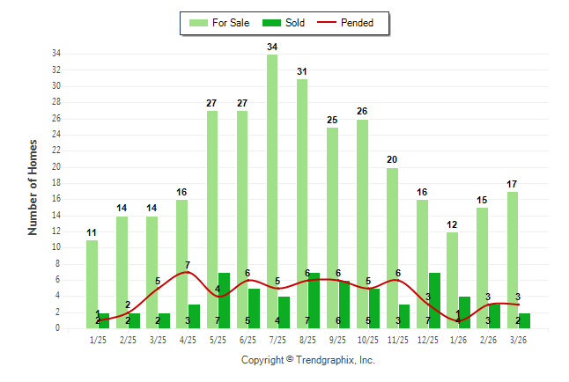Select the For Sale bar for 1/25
pyautogui.click(x=92, y=283)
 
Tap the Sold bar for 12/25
pyautogui.click(x=434, y=300)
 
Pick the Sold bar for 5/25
pyautogui.click(x=224, y=300)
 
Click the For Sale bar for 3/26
pyautogui.click(x=513, y=260)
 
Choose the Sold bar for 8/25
pyautogui.click(x=314, y=300)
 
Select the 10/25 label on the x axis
pyautogui.click(x=368, y=339)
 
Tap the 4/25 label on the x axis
pyautogui.click(x=188, y=339)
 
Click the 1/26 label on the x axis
pyautogui.click(x=458, y=339)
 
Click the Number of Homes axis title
pyautogui.click(x=33, y=187)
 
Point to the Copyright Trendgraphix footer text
pyautogui.click(x=308, y=360)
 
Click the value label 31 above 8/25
pyautogui.click(x=302, y=71)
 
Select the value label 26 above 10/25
pyautogui.click(x=362, y=112)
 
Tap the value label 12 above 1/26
pyautogui.click(x=452, y=224)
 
